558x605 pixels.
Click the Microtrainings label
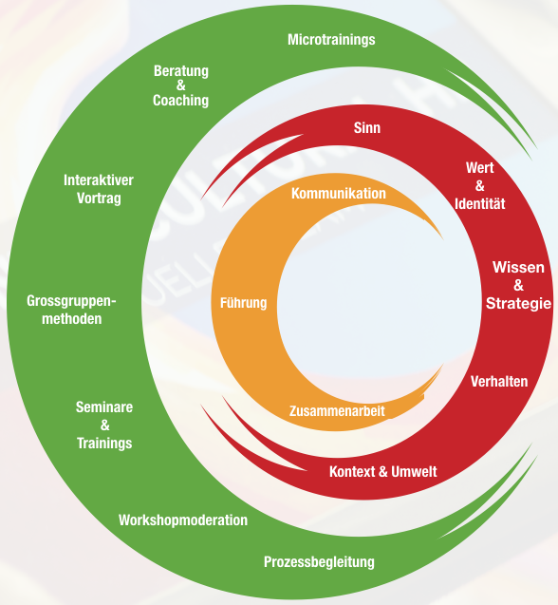coord(331,40)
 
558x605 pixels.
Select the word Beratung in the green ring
coord(181,71)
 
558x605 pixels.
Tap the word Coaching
coord(181,101)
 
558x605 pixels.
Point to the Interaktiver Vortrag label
coord(99,189)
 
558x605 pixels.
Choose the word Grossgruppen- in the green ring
coord(71,301)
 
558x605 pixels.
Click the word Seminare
coord(104,407)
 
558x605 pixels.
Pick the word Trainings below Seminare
coord(104,443)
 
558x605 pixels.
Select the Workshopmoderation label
coord(183,520)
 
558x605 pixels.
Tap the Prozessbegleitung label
coord(319,562)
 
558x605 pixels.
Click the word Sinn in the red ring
coord(367,127)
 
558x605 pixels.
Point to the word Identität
coord(480,203)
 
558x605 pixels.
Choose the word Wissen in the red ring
coord(518,268)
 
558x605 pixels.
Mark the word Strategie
coord(518,303)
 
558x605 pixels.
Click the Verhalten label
coord(499,382)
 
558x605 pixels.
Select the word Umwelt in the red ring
coord(414,471)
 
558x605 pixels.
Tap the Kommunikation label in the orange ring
coord(339,194)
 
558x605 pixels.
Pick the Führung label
coord(243,303)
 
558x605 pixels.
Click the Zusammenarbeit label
coord(337,411)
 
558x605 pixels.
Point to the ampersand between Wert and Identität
coord(480,186)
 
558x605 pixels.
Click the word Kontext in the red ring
coord(352,471)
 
